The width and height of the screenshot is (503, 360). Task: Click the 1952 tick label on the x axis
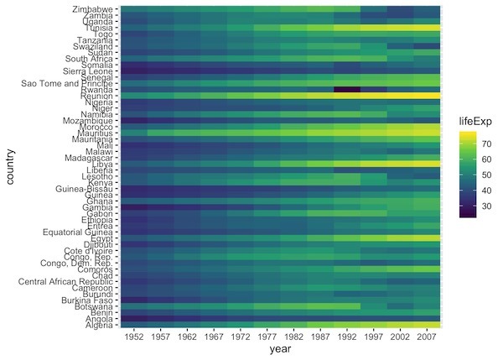click(135, 336)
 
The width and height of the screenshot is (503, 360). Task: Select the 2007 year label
click(427, 336)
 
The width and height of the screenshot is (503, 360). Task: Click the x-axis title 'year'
click(281, 350)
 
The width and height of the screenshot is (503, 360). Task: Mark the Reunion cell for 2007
click(427, 96)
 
